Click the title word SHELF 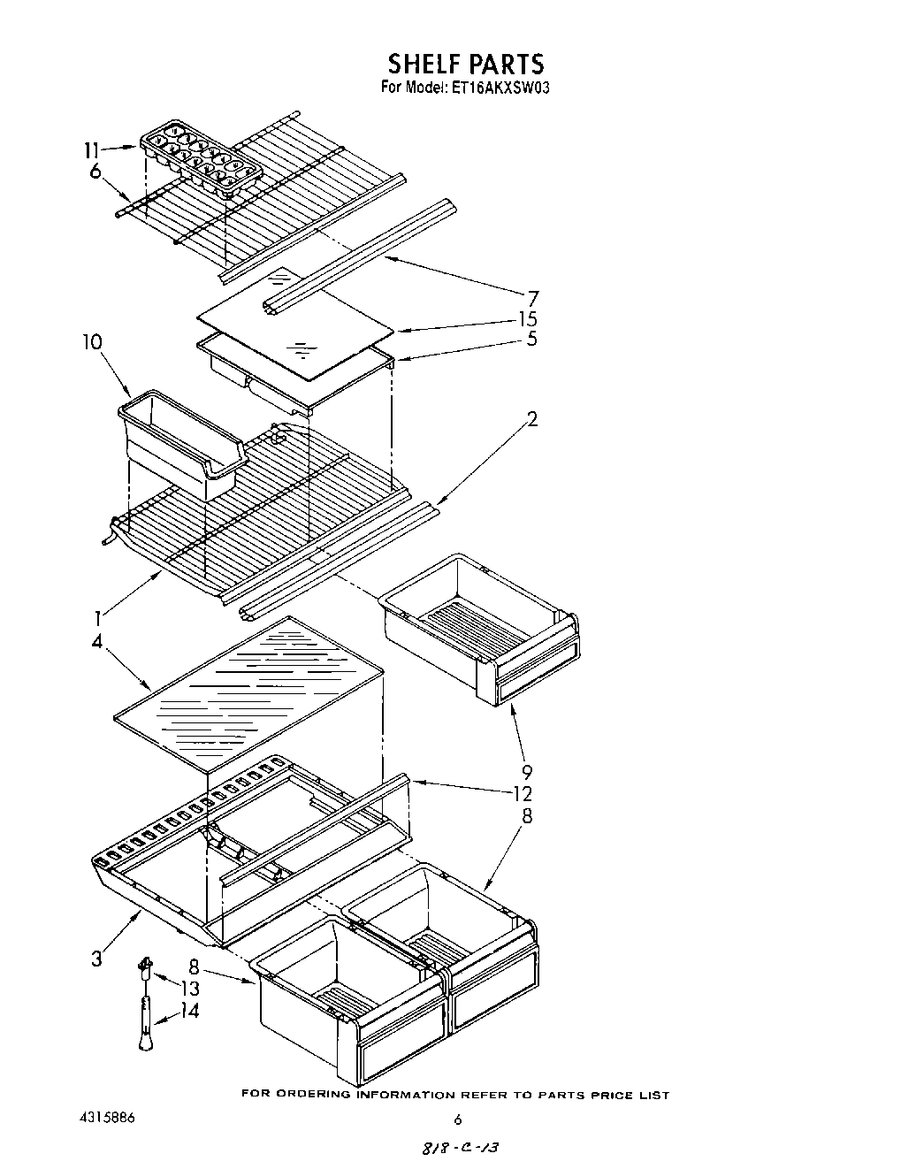click(x=423, y=64)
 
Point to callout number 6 click(x=95, y=172)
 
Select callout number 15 click(x=528, y=319)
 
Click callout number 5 click(x=531, y=339)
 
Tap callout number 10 click(x=92, y=342)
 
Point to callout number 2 click(x=532, y=418)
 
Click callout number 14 click(x=188, y=1011)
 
